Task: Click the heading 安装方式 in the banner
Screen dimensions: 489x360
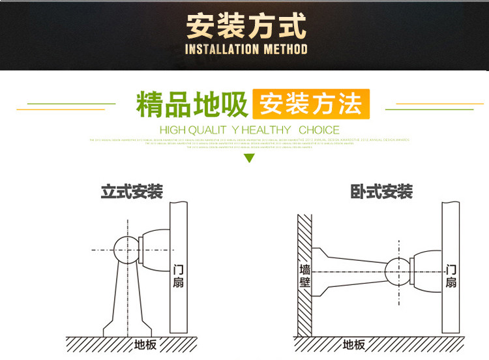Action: (x=245, y=26)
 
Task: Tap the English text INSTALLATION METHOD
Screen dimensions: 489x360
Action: (x=246, y=50)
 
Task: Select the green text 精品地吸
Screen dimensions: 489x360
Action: (x=192, y=105)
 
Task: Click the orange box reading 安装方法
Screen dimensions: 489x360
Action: (x=311, y=104)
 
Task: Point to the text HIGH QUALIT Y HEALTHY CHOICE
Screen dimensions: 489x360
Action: (x=250, y=130)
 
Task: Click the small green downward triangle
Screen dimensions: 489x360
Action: (x=248, y=158)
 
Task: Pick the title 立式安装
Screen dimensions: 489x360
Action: (x=132, y=192)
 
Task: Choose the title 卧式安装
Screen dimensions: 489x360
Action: (x=381, y=192)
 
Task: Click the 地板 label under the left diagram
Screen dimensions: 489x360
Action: (x=145, y=345)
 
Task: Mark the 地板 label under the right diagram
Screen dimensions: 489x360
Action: (x=353, y=345)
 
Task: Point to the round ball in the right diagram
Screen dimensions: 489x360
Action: (x=398, y=272)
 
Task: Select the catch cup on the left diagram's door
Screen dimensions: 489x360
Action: (x=156, y=249)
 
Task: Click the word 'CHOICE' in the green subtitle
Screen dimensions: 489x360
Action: (x=319, y=130)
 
